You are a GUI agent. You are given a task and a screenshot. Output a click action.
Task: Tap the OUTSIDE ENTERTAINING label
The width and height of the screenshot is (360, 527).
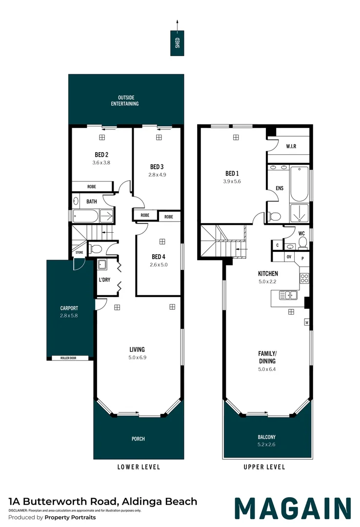tap(125, 100)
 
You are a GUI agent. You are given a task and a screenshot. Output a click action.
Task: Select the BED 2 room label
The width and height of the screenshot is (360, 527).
tap(101, 154)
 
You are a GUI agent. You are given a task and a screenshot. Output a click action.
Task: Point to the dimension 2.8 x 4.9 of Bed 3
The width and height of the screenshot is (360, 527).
tap(158, 174)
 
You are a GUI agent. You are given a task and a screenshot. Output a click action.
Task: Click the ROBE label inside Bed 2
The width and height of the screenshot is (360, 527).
tap(92, 186)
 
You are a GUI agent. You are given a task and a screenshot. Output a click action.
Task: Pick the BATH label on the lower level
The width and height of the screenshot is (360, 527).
tap(92, 201)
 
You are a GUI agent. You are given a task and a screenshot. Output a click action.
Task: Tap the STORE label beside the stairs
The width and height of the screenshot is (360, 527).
tap(79, 253)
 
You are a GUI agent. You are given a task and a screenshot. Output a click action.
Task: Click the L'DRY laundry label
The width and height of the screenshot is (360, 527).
tap(103, 281)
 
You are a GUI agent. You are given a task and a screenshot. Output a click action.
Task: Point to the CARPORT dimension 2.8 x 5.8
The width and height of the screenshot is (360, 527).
tap(69, 316)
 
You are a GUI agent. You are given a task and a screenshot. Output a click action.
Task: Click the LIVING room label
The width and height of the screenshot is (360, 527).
tap(137, 349)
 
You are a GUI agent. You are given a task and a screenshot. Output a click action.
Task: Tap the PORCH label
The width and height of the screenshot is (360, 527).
tap(138, 439)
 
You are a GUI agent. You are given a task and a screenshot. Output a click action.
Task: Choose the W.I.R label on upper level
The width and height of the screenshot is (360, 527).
tap(291, 146)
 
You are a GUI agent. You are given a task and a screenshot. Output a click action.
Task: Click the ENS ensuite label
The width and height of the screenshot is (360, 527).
tap(280, 188)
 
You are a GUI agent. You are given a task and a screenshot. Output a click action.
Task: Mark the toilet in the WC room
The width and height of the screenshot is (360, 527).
tap(302, 242)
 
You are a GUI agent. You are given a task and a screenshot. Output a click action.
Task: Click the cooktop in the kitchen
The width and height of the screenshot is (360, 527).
tap(304, 279)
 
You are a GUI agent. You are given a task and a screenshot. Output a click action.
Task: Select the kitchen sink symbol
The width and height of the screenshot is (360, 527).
tap(288, 295)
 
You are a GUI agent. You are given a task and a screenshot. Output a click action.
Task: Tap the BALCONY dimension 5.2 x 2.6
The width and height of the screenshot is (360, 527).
tap(267, 445)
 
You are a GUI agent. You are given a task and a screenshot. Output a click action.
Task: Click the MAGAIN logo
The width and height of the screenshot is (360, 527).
tap(293, 508)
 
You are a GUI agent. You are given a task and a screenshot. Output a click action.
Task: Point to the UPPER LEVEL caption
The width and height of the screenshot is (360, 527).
tap(264, 467)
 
